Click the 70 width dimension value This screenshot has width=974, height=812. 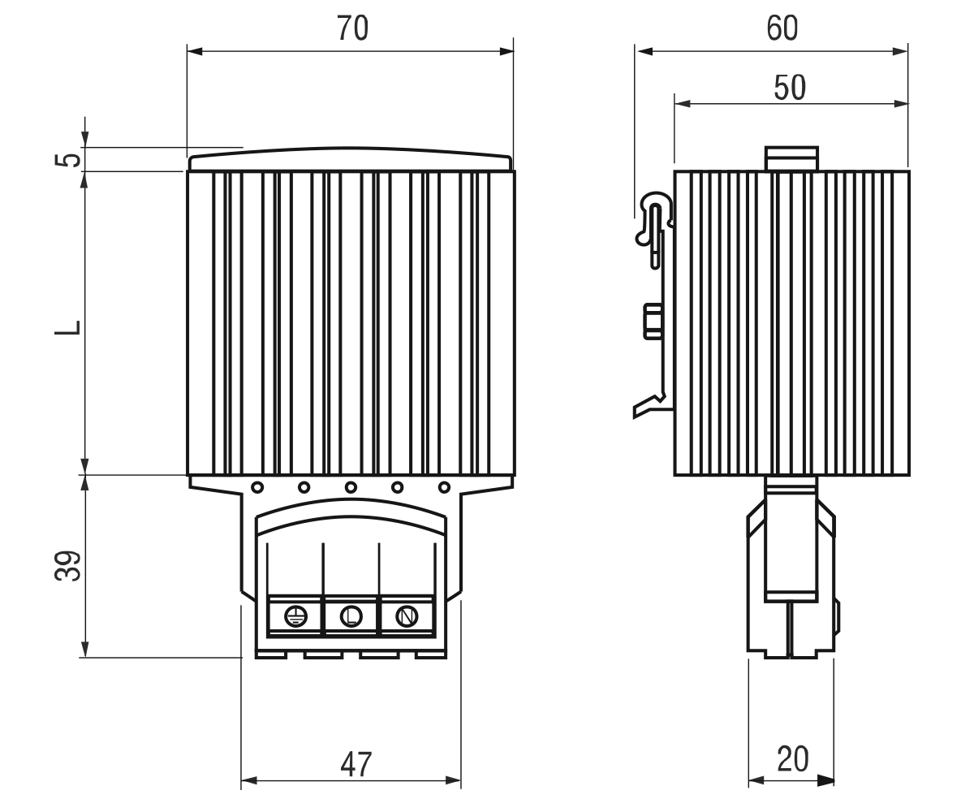point(352,28)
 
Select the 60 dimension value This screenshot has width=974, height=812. point(782,28)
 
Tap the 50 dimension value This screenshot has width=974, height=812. point(790,87)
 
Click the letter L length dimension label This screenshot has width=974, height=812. point(68,327)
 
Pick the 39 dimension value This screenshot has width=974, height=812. point(68,566)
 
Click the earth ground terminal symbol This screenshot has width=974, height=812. point(295,617)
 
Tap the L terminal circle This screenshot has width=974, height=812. point(351,616)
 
